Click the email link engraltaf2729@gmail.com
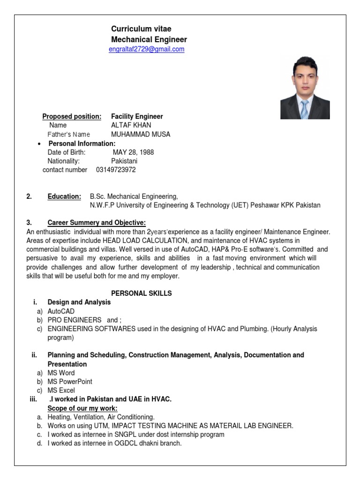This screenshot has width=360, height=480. [x=146, y=49]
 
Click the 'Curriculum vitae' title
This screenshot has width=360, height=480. [x=141, y=29]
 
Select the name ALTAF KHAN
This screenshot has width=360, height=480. [x=131, y=125]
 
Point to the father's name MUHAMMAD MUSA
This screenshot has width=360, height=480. [x=141, y=134]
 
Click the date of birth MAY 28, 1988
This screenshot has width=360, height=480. [x=133, y=152]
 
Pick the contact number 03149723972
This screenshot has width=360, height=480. [x=116, y=170]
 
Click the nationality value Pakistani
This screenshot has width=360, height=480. [x=124, y=161]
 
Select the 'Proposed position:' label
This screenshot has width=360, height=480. [x=72, y=116]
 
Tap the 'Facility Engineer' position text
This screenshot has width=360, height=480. [x=137, y=116]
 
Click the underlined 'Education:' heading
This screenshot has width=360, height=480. [x=64, y=196]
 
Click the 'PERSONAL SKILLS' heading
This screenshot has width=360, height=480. [x=142, y=293]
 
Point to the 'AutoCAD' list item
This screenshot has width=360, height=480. [x=61, y=311]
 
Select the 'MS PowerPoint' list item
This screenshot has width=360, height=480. [x=70, y=382]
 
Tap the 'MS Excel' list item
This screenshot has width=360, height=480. [x=61, y=390]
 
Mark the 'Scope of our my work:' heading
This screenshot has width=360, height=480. [x=82, y=408]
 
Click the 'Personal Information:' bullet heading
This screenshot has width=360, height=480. [x=82, y=143]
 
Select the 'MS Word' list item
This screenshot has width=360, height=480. [x=61, y=373]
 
